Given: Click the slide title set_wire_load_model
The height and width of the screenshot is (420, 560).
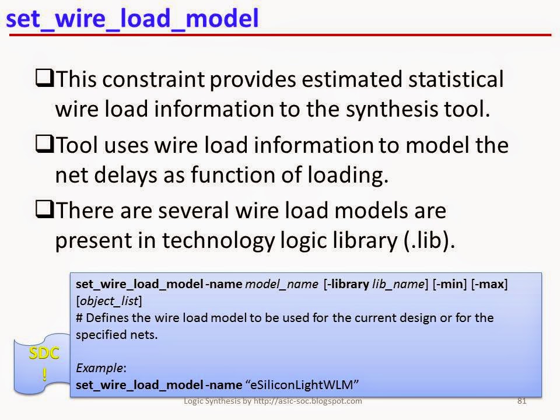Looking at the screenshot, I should point(132,19).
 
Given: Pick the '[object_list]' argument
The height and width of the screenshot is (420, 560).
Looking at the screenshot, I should point(109,301).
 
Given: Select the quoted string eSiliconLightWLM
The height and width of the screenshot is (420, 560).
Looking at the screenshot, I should point(303,384).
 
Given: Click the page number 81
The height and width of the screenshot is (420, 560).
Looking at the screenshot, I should point(523,401).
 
